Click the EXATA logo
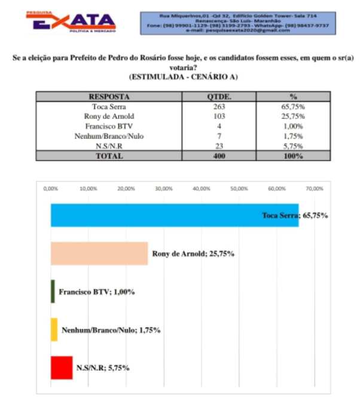(x=71, y=22)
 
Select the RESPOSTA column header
(x=109, y=96)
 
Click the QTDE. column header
(x=219, y=96)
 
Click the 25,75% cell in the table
(x=293, y=116)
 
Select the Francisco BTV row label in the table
(x=109, y=126)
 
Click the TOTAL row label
(x=109, y=156)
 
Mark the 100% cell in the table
(x=293, y=156)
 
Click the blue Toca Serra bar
(x=173, y=215)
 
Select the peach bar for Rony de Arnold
(x=99, y=253)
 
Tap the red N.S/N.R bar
(x=62, y=368)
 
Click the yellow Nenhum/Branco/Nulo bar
(x=54, y=330)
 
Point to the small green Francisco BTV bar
(x=53, y=292)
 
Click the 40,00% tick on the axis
(x=201, y=188)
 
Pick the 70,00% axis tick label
(x=314, y=188)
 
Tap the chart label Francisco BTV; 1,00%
(x=97, y=292)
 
